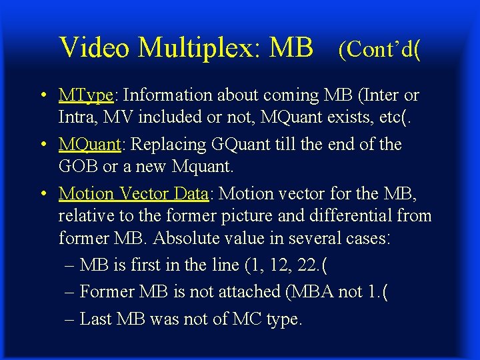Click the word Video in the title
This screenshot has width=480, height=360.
[94, 47]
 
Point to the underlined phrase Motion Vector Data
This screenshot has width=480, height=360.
[133, 193]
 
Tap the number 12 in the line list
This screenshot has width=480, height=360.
[278, 265]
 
